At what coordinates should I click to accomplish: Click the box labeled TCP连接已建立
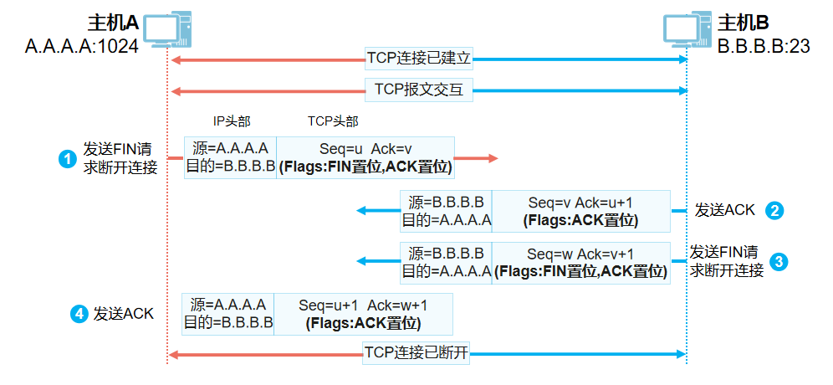click(420, 59)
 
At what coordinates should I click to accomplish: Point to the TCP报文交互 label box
click(420, 90)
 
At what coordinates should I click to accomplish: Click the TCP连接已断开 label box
click(416, 353)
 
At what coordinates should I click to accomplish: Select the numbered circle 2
click(776, 211)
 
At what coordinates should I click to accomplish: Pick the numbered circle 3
click(779, 260)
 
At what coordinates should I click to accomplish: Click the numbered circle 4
click(78, 314)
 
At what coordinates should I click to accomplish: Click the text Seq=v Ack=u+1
click(580, 203)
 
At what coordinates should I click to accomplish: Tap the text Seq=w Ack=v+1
click(580, 254)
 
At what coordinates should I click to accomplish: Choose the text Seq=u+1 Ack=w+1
click(362, 305)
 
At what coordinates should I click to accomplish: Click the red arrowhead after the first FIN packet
click(492, 158)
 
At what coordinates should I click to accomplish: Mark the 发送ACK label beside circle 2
click(724, 211)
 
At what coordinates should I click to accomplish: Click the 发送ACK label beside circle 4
click(124, 314)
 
